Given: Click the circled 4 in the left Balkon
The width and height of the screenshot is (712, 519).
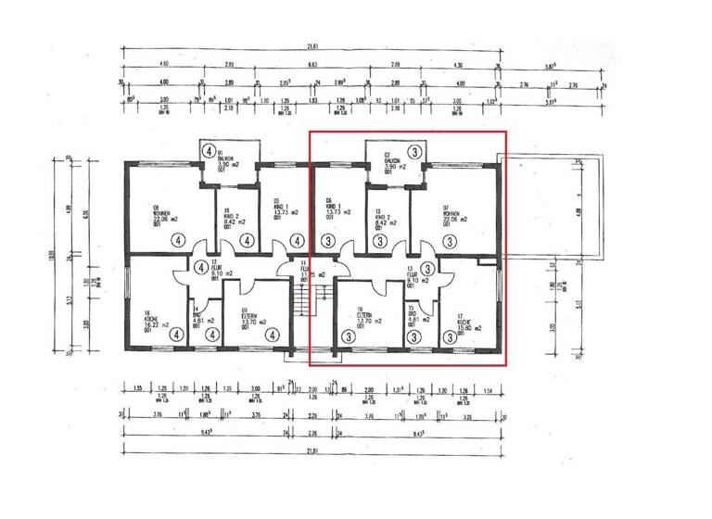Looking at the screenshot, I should click(210, 150).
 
